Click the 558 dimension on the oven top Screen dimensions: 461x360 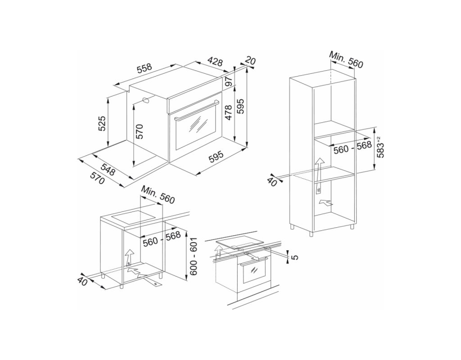click(x=145, y=69)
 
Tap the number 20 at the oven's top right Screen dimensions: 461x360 click(x=250, y=61)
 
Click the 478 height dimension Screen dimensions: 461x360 click(x=229, y=112)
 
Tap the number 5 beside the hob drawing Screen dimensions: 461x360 click(x=295, y=257)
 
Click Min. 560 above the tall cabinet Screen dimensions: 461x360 click(x=346, y=60)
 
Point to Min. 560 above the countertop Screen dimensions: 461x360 click(x=158, y=194)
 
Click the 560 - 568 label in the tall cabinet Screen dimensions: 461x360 click(x=353, y=148)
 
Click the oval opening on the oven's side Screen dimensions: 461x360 click(x=146, y=100)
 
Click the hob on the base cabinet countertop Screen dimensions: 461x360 click(x=134, y=216)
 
